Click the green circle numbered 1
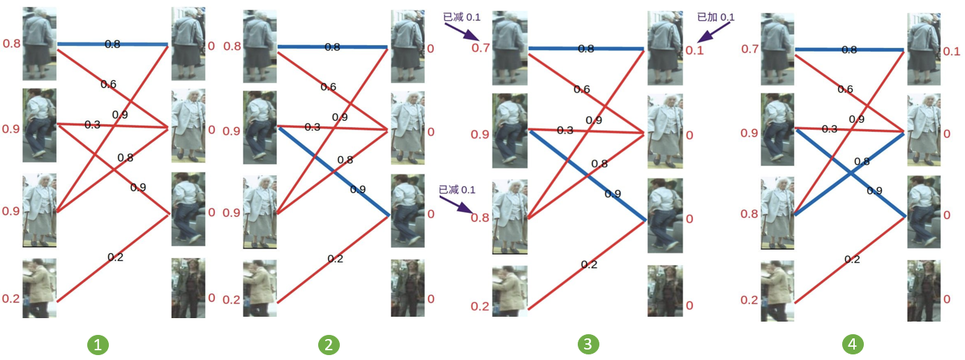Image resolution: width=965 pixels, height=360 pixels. point(98,344)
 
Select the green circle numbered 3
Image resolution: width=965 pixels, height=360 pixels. point(589,344)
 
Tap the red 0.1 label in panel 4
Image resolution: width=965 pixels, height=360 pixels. point(951,52)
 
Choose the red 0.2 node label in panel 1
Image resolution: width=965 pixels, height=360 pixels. point(10,299)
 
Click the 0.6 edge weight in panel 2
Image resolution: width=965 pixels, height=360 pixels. point(329,87)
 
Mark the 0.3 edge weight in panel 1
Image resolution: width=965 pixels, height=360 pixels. point(93,125)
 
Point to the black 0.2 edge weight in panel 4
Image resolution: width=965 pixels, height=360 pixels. point(852,259)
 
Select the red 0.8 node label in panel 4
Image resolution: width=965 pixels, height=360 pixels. point(749,213)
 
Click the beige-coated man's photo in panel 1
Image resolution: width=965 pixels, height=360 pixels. point(39,288)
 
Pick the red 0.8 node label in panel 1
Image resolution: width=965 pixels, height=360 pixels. point(10,44)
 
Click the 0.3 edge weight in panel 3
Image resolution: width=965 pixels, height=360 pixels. point(566,130)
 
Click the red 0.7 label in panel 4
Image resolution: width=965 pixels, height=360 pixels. point(749,49)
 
